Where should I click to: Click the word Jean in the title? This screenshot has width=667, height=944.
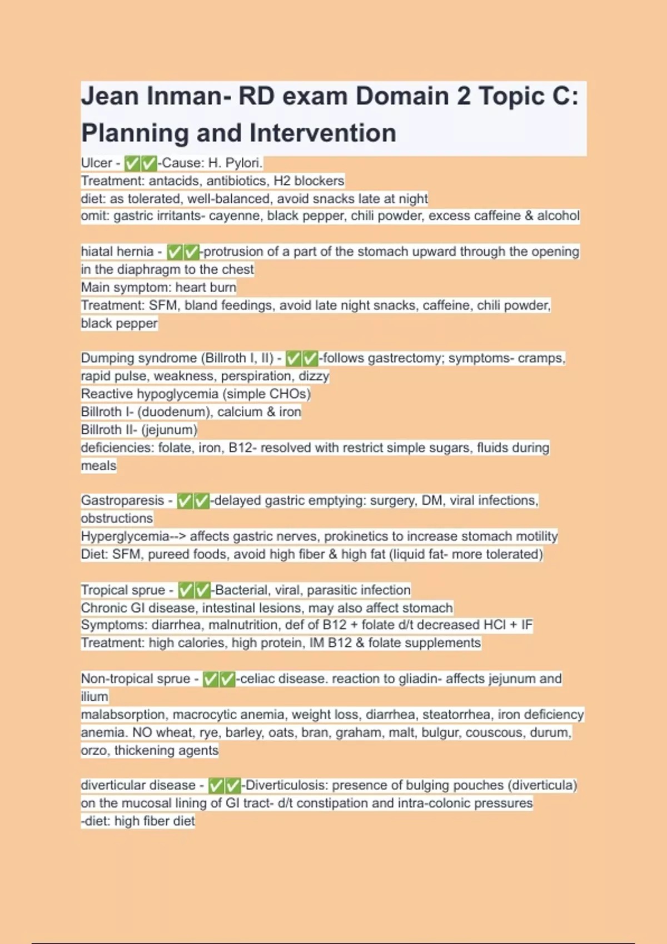[109, 96]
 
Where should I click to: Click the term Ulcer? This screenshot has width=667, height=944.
[97, 163]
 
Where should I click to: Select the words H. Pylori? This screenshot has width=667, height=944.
[234, 163]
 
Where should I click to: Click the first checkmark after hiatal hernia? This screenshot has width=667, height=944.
[175, 252]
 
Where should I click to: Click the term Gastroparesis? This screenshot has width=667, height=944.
[122, 501]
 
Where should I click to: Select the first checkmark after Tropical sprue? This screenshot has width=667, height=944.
[186, 590]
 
